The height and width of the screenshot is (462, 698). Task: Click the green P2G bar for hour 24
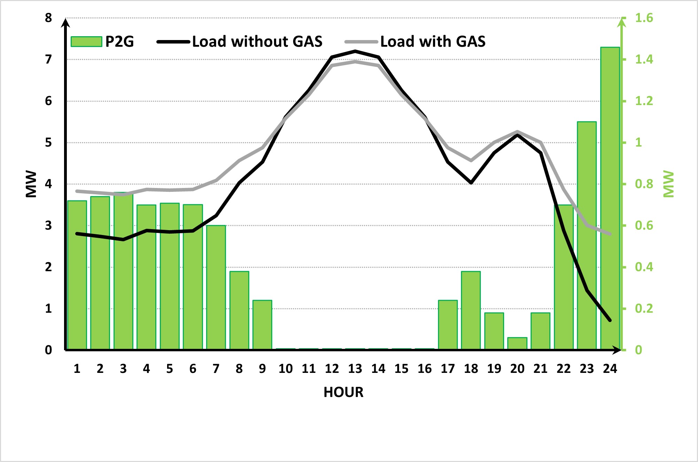(610, 198)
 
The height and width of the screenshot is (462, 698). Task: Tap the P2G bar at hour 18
(471, 310)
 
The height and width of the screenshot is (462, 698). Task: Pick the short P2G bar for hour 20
(517, 343)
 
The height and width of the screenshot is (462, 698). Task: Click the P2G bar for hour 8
(239, 310)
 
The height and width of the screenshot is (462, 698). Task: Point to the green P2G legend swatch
(86, 42)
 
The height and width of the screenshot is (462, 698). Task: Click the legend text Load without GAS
(257, 42)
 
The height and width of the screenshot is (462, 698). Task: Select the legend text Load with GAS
(433, 42)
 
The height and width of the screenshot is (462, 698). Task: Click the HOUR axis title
(343, 392)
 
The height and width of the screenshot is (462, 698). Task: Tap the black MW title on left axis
(31, 184)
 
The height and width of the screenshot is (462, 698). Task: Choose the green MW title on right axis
(668, 184)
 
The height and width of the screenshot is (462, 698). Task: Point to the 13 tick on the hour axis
(355, 369)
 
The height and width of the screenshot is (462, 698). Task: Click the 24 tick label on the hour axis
(610, 369)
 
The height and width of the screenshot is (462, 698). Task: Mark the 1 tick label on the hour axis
(77, 369)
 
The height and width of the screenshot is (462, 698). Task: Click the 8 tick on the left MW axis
(48, 18)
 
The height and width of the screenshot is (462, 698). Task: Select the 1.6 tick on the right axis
(644, 18)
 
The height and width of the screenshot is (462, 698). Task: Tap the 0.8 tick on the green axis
(644, 184)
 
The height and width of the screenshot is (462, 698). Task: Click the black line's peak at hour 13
(355, 51)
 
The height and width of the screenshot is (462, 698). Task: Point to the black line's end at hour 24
(610, 320)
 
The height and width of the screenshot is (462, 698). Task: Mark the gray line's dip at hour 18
(471, 160)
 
